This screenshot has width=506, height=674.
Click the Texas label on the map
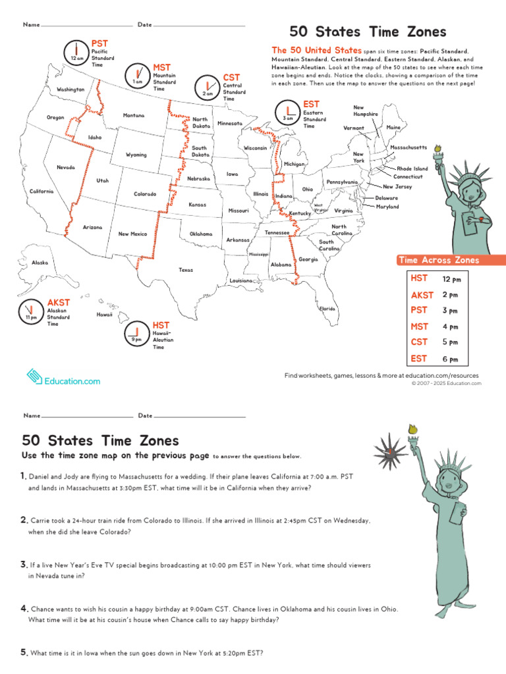[x=186, y=270]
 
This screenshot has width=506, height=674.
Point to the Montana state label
[x=134, y=115]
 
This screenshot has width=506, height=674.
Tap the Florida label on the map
[x=327, y=309]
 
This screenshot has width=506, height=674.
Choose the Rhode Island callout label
[x=412, y=168]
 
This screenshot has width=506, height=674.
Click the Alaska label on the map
[x=40, y=263]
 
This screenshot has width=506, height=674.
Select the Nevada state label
[x=66, y=167]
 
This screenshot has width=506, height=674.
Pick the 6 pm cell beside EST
[x=451, y=359]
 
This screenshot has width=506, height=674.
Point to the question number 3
[x=23, y=564]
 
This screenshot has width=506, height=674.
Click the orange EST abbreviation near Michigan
[x=311, y=104]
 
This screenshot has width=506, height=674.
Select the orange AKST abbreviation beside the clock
[x=58, y=303]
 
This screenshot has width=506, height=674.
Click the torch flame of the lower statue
[x=414, y=430]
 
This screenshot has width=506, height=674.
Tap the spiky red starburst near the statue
[x=389, y=452]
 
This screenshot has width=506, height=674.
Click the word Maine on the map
[x=394, y=127]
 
